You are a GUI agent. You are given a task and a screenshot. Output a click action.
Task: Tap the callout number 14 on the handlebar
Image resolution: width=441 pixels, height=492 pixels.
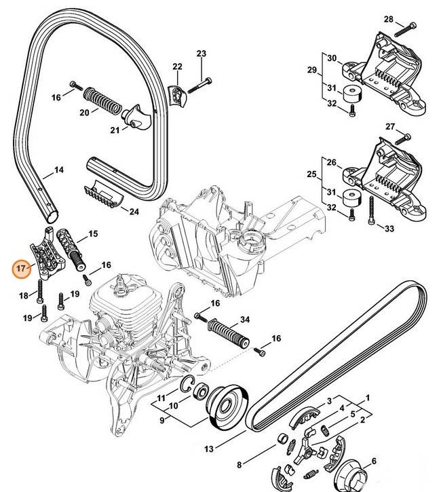pyautogui.click(x=59, y=170)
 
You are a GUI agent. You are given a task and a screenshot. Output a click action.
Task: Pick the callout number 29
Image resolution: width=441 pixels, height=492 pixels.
pyautogui.click(x=313, y=71)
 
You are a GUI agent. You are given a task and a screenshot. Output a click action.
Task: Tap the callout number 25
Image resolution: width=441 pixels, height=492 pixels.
pyautogui.click(x=312, y=174)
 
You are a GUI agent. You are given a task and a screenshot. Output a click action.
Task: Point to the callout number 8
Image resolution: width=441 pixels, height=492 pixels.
pyautogui.click(x=239, y=464)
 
